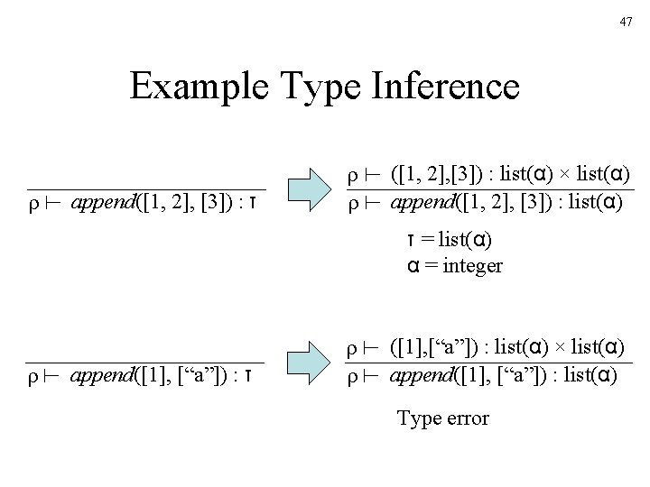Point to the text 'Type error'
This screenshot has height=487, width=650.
[x=442, y=418]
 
